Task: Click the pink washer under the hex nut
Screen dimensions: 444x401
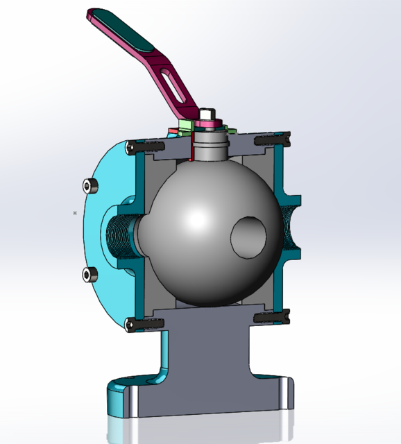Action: (x=209, y=125)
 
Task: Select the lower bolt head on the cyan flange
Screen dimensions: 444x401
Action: (x=88, y=274)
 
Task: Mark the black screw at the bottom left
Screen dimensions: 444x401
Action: (x=144, y=323)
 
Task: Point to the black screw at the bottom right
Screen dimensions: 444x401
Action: (x=271, y=317)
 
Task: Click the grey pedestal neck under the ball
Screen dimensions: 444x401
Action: (x=208, y=347)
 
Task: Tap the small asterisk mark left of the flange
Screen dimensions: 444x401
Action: (x=74, y=213)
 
